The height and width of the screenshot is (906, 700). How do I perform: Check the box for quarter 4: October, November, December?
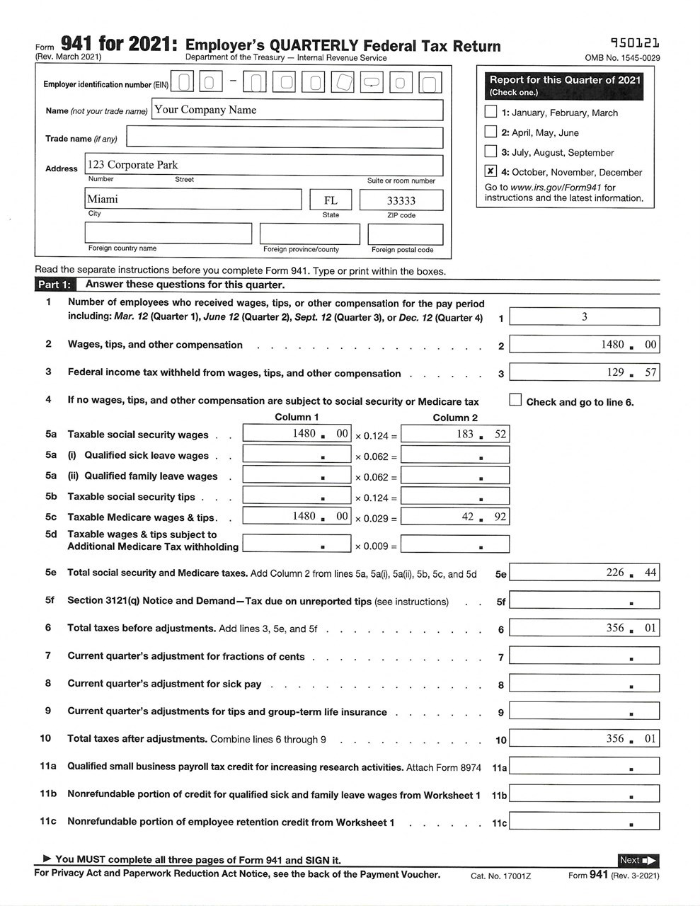point(490,171)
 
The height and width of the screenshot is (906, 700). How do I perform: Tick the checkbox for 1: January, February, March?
point(490,112)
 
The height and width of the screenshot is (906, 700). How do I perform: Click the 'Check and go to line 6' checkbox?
point(515,401)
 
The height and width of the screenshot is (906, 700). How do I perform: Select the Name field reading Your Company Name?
point(298,110)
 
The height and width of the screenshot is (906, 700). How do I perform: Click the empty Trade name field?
point(285,138)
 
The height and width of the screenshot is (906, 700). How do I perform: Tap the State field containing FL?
point(331,200)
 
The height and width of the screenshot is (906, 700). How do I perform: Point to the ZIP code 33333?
point(401,201)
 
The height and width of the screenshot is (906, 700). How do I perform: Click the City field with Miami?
point(193,200)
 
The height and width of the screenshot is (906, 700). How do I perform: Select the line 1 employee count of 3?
point(584,316)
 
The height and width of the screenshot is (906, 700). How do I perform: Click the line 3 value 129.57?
point(584,372)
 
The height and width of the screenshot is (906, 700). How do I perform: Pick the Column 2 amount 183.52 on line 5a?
point(454,434)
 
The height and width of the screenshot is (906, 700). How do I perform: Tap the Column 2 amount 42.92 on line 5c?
point(454,517)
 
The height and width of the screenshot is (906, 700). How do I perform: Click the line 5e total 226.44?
point(584,573)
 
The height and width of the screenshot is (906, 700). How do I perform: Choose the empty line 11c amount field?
point(584,822)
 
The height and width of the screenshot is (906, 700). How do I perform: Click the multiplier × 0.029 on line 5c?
point(375,518)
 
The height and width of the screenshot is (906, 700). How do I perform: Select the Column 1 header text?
point(297,418)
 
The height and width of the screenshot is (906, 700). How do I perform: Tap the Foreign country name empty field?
point(168,233)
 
